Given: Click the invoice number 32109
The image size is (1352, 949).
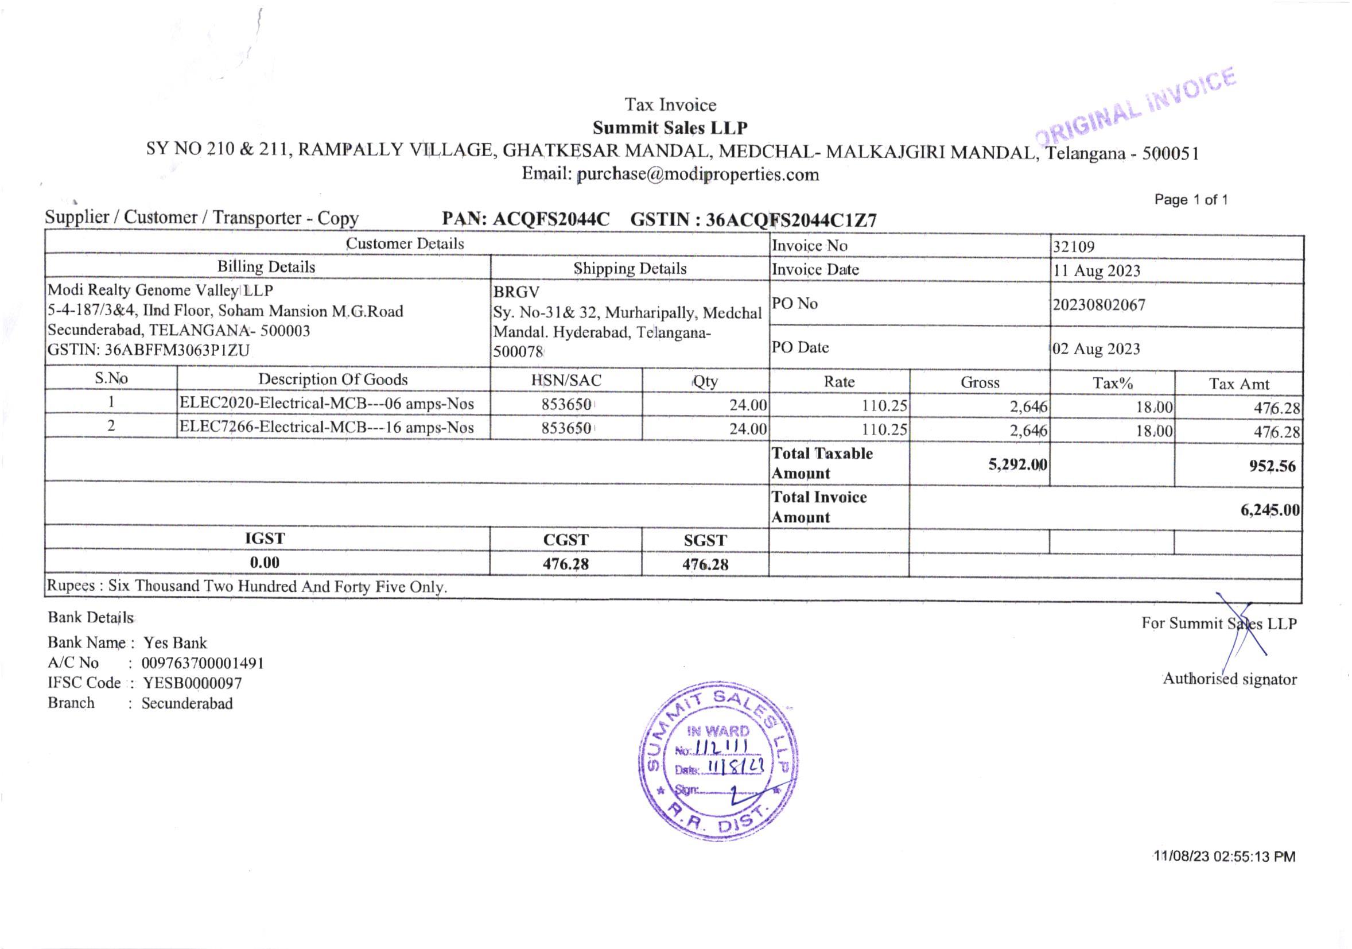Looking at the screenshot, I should tap(1074, 247).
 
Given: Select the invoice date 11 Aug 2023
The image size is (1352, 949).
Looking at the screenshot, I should tap(1097, 271).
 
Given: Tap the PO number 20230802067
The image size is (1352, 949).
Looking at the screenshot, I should tap(1099, 305).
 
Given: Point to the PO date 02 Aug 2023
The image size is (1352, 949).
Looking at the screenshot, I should tap(1097, 348).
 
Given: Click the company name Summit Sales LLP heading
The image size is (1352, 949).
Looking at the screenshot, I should tap(670, 128).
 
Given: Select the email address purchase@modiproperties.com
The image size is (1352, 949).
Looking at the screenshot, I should tap(697, 175).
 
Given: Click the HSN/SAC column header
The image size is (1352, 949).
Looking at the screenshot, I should tap(566, 381).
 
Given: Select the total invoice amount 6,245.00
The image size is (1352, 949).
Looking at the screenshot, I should tap(1269, 510).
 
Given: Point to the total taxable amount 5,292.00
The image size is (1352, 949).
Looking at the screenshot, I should tap(1017, 465).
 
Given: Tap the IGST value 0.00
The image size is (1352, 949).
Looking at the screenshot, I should tap(265, 563).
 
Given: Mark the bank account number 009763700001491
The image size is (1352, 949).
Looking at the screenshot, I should tap(203, 663).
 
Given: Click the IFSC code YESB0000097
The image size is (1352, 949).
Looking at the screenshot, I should tap(192, 683).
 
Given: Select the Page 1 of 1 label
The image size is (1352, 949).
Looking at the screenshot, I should tap(1191, 200).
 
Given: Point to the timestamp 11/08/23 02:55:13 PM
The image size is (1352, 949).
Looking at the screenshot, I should tap(1224, 857).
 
